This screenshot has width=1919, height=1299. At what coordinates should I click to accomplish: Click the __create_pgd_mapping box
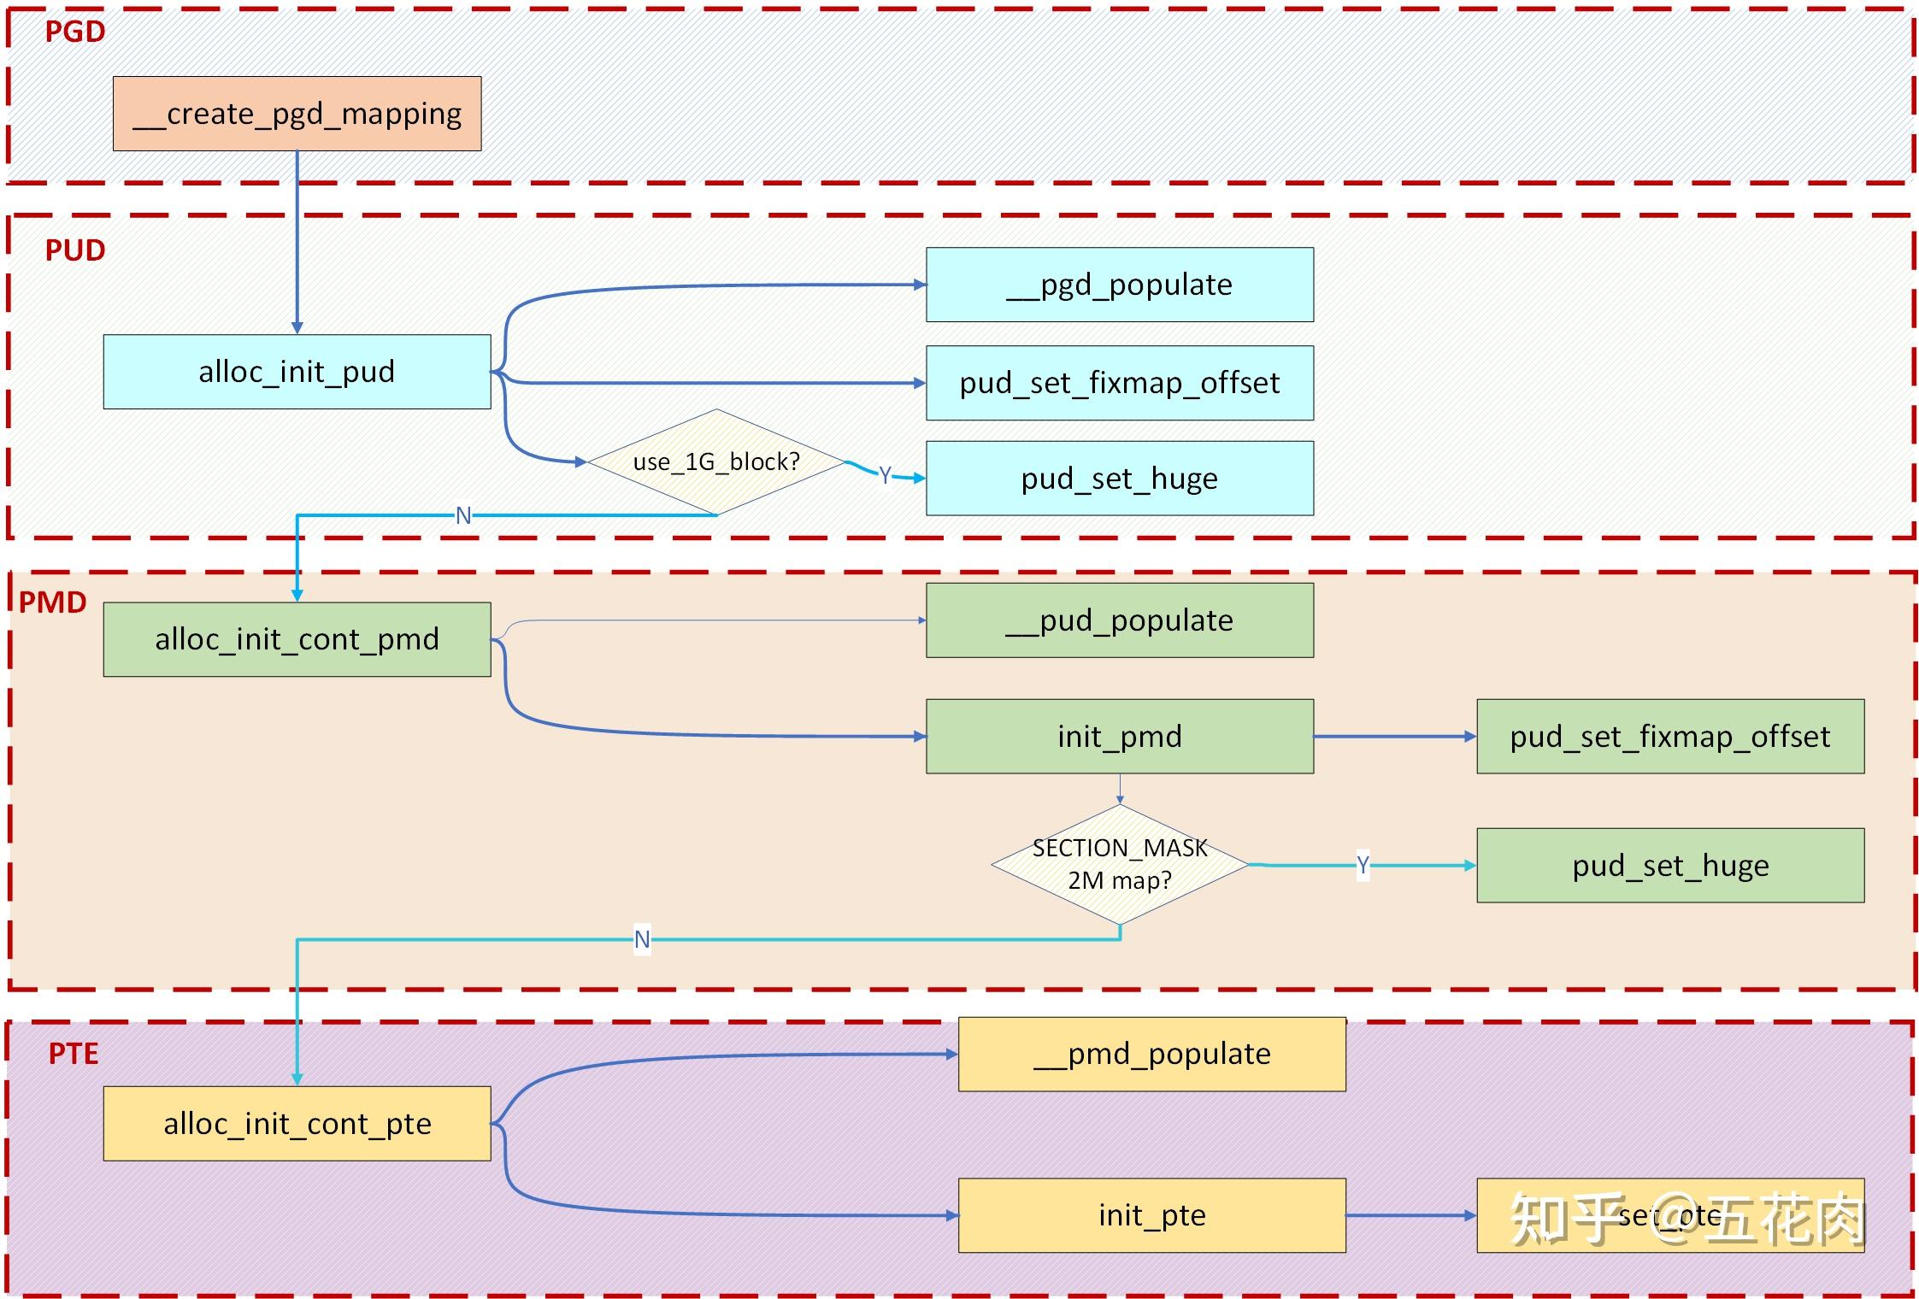(297, 114)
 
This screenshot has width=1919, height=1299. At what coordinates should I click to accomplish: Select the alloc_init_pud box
(297, 372)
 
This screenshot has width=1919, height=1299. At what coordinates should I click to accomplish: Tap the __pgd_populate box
(1119, 285)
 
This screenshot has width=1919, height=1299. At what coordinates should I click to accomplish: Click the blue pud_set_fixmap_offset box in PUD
(1119, 383)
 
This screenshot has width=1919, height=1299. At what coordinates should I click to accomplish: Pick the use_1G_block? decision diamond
(716, 462)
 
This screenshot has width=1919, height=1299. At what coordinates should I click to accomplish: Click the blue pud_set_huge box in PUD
(1119, 479)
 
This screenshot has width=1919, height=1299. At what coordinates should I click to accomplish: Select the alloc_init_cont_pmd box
(297, 639)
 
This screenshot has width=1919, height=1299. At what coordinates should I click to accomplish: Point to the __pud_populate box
(1119, 620)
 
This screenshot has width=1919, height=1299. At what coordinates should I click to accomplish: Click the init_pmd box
(1119, 737)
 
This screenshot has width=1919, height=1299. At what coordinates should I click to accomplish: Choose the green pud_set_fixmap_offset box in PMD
(1669, 737)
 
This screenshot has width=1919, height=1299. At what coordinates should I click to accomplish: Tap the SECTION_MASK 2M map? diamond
(1119, 864)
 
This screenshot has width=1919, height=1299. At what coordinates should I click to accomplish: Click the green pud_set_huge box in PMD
(1669, 866)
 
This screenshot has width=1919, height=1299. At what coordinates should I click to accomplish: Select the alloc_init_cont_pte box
(297, 1124)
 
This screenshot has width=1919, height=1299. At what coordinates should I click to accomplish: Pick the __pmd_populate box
(1151, 1054)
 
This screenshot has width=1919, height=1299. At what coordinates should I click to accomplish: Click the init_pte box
(1151, 1215)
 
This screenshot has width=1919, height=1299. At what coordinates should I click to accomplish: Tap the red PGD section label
(75, 32)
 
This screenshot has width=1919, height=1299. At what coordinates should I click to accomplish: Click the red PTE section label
(74, 1054)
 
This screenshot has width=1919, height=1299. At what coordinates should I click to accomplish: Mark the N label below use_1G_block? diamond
(463, 515)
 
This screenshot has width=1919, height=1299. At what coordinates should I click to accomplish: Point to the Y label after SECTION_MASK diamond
(1363, 865)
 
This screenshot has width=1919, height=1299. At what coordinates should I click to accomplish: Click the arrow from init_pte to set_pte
(1410, 1215)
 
